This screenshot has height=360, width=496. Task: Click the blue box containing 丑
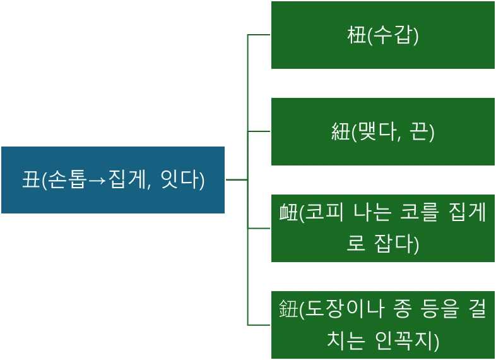(113, 180)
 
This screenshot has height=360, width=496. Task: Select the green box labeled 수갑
(382, 35)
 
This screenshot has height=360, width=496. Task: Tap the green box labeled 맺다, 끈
(382, 132)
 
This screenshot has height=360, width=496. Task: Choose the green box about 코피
(382, 228)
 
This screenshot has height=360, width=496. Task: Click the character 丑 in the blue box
(30, 180)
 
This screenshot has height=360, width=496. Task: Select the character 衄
(288, 214)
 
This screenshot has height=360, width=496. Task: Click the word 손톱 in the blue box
(62, 180)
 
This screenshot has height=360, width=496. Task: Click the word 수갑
(393, 35)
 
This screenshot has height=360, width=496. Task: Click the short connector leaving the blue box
(235, 180)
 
